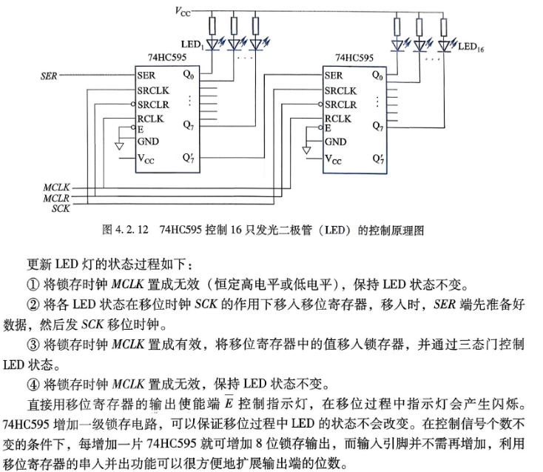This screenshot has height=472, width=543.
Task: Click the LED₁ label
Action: click(192, 44)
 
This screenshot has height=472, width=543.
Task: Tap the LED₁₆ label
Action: click(471, 47)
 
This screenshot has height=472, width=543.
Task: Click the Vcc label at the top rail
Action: click(183, 11)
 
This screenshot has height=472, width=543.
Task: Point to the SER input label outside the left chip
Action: click(49, 76)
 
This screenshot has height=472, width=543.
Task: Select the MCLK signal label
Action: click(56, 187)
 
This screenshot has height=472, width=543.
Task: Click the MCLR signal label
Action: click(56, 198)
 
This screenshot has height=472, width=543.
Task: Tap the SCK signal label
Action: click(61, 208)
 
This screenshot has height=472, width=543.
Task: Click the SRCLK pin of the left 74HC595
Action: click(153, 90)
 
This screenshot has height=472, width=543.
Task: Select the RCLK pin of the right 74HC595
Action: click(337, 119)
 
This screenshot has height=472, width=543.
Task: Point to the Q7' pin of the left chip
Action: click(189, 158)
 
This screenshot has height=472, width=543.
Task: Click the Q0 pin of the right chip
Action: click(377, 75)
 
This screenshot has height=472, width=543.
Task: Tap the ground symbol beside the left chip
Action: click(119, 147)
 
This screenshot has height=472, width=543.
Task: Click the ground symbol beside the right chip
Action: click(306, 150)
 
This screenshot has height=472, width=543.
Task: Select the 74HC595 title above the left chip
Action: click(167, 57)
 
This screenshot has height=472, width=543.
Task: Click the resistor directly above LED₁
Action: click(212, 26)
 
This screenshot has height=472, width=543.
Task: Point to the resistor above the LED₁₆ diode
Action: click(444, 27)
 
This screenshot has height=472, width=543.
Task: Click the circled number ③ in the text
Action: click(33, 345)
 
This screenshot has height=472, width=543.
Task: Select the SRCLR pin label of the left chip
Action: click(153, 104)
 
